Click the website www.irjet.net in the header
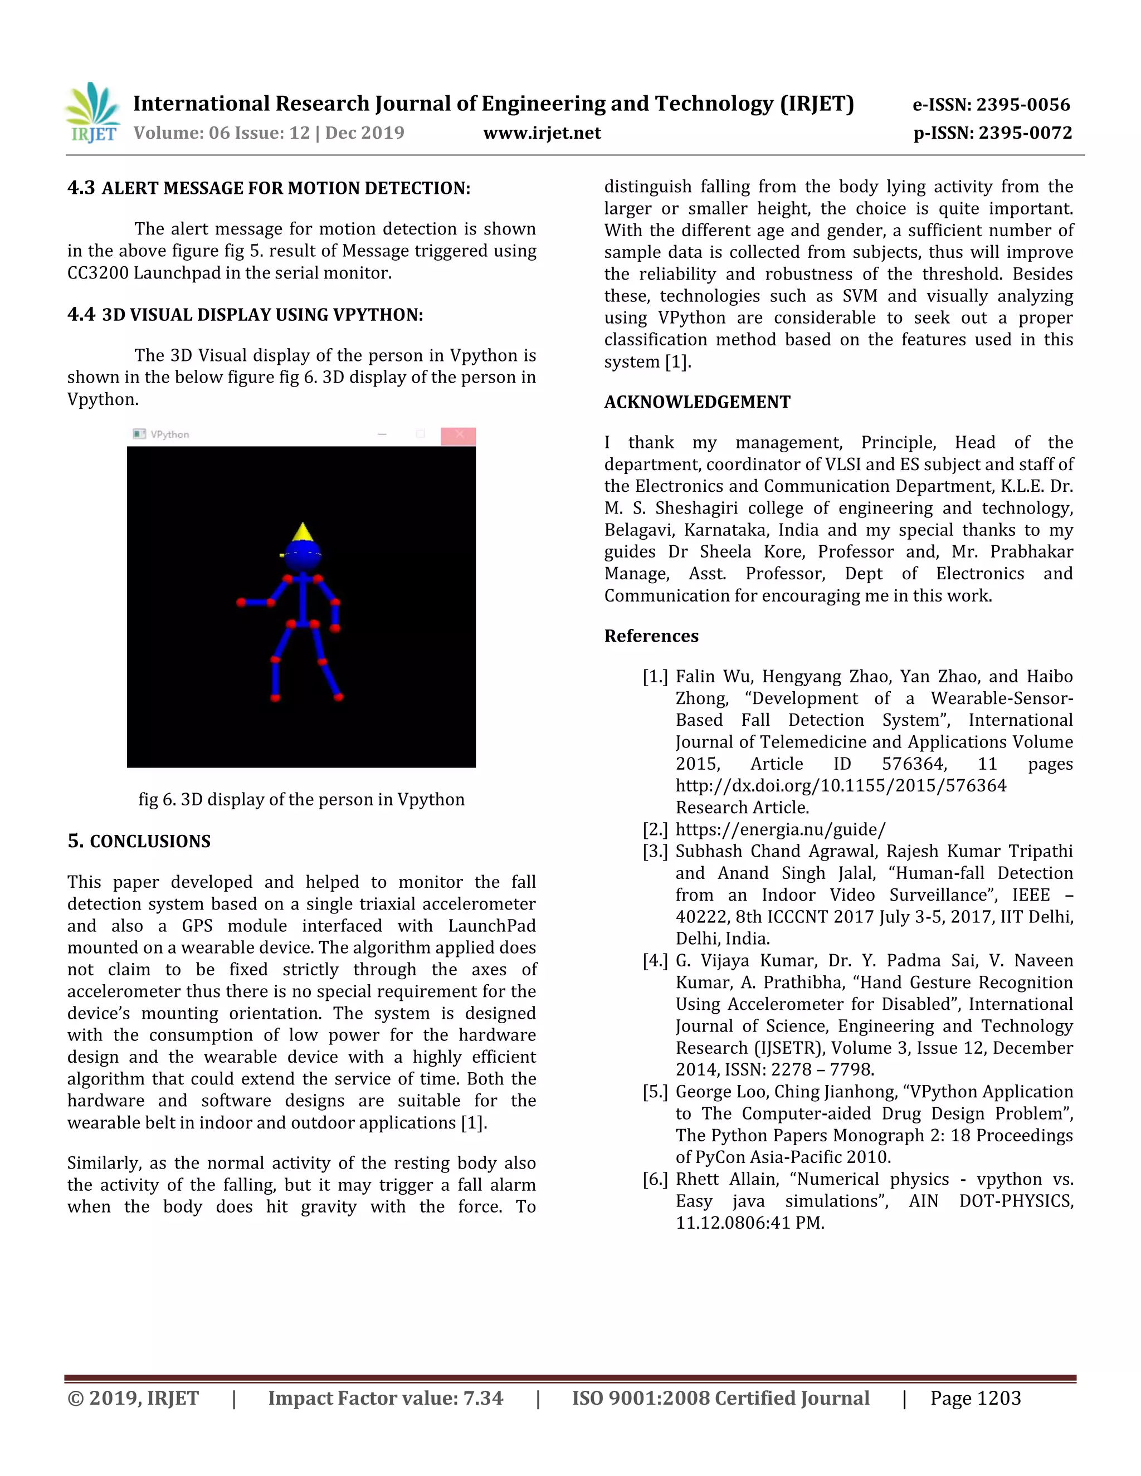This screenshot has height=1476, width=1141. (x=542, y=133)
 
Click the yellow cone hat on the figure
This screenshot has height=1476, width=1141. (x=303, y=532)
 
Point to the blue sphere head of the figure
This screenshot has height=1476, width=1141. (x=302, y=555)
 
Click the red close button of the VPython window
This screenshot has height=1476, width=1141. (x=459, y=435)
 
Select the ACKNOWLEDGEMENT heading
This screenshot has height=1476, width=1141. (x=697, y=402)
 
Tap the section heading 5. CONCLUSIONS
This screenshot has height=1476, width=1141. (x=139, y=842)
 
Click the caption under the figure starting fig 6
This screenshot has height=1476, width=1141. (x=301, y=799)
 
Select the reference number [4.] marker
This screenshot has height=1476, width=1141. (x=655, y=960)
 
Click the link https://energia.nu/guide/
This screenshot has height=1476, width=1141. (x=780, y=829)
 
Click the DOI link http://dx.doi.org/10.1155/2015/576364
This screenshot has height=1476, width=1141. (x=840, y=785)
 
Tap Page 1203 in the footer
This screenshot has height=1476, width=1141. (x=975, y=1398)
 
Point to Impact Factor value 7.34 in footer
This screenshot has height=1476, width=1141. (x=386, y=1398)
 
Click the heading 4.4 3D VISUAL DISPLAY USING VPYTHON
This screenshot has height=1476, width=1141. (x=245, y=315)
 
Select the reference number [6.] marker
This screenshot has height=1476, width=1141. (x=655, y=1179)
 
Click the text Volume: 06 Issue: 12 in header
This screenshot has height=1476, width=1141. (x=221, y=133)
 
